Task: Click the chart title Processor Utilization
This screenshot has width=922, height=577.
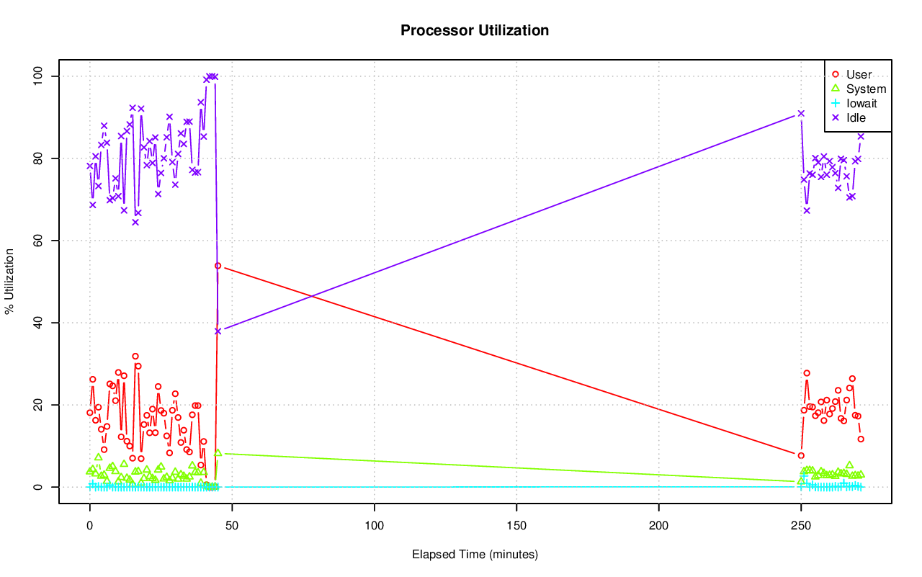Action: pyautogui.click(x=475, y=30)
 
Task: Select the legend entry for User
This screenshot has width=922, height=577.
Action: pyautogui.click(x=859, y=74)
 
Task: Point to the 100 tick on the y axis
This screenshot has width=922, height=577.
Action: pyautogui.click(x=40, y=76)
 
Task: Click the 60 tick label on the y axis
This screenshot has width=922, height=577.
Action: pyautogui.click(x=40, y=240)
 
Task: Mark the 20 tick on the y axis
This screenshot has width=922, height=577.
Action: pyautogui.click(x=40, y=405)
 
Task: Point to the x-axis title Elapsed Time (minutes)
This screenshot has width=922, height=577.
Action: pyautogui.click(x=475, y=555)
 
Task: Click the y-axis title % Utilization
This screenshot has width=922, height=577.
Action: pyautogui.click(x=10, y=281)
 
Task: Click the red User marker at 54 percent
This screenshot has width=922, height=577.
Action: pyautogui.click(x=218, y=266)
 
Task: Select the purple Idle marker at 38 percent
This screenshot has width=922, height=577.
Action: pyautogui.click(x=218, y=331)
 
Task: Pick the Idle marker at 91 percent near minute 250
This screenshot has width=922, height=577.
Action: pyautogui.click(x=801, y=113)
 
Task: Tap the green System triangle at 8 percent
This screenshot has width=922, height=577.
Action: pyautogui.click(x=218, y=453)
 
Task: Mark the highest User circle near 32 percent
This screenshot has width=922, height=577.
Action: pyautogui.click(x=135, y=356)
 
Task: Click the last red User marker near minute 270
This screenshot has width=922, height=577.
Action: pyautogui.click(x=861, y=439)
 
